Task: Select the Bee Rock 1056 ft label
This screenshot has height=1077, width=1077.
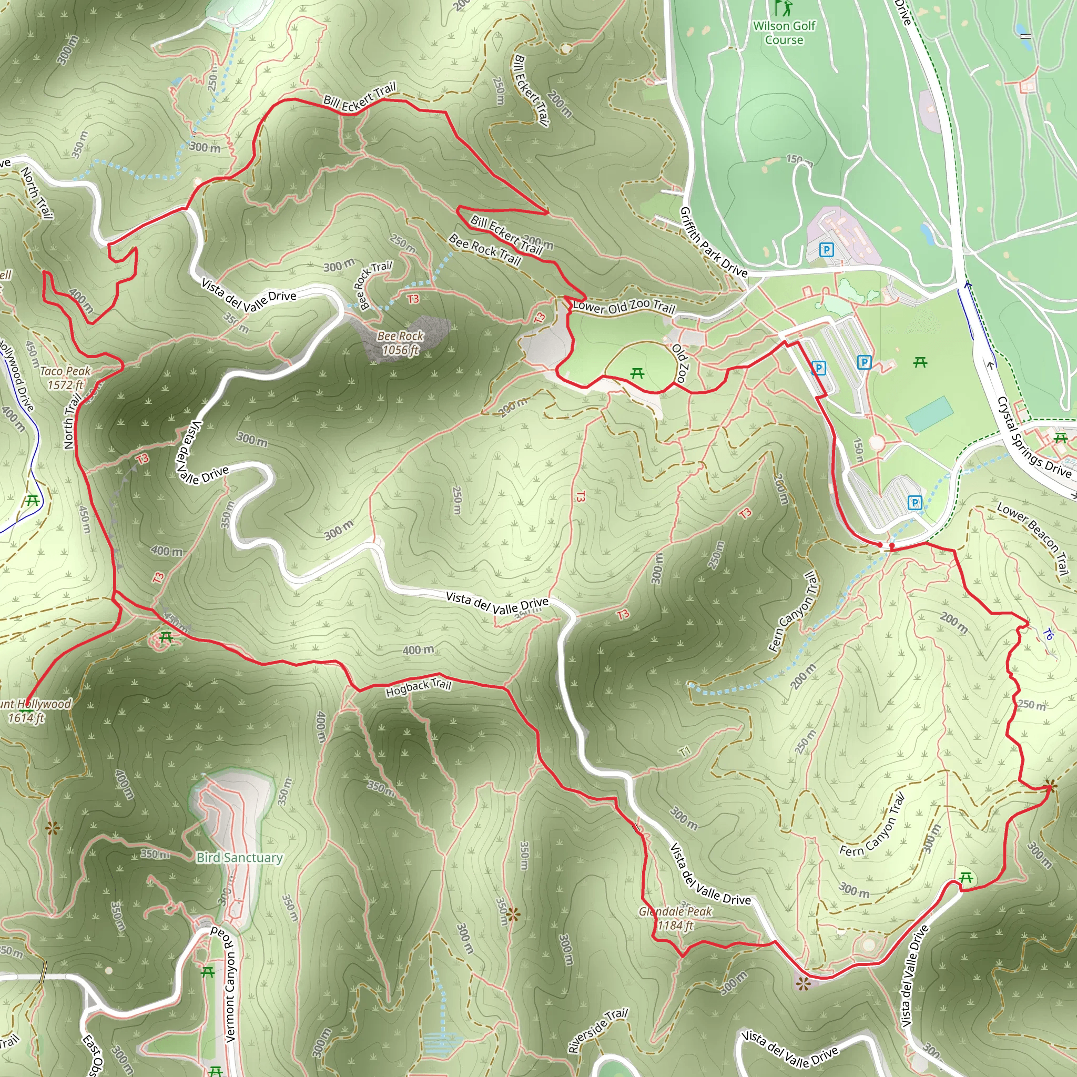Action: (x=400, y=343)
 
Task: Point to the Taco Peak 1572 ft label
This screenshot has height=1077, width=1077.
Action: (x=65, y=378)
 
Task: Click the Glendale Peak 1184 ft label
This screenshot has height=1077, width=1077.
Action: (x=675, y=918)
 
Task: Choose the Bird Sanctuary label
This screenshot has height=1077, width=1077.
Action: (x=239, y=857)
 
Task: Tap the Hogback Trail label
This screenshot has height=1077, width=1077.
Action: (x=418, y=687)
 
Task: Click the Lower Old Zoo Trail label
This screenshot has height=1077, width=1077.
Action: (x=624, y=306)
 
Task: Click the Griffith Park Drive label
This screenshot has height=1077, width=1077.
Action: (x=713, y=242)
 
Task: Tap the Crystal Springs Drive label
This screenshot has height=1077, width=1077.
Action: (x=1033, y=438)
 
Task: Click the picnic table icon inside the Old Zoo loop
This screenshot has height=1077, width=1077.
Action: (x=637, y=373)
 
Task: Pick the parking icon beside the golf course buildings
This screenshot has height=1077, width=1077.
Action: (x=827, y=249)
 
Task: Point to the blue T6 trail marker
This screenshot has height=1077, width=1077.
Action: (x=1048, y=634)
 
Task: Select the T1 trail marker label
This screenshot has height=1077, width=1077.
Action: (x=685, y=751)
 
